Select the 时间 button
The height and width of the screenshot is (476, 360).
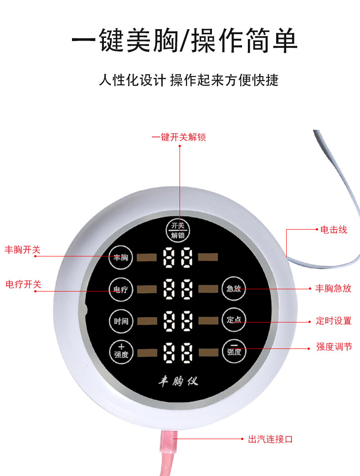[x=121, y=321]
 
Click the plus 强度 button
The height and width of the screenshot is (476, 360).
[x=121, y=351]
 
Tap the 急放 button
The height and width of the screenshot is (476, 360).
[x=234, y=289]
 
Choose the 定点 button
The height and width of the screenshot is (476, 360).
[x=234, y=320]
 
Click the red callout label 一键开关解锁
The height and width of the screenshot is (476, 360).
[x=179, y=137]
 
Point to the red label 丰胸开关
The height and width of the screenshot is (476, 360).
[x=22, y=250]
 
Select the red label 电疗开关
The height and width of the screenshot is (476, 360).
[x=23, y=284]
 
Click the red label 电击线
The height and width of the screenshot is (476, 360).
[x=334, y=230]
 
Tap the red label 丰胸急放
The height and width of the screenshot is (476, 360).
[x=334, y=288]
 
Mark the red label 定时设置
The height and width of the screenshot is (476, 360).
[x=334, y=321]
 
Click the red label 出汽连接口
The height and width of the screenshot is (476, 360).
[x=270, y=440]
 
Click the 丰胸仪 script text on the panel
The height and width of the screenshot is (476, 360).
[x=178, y=381]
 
